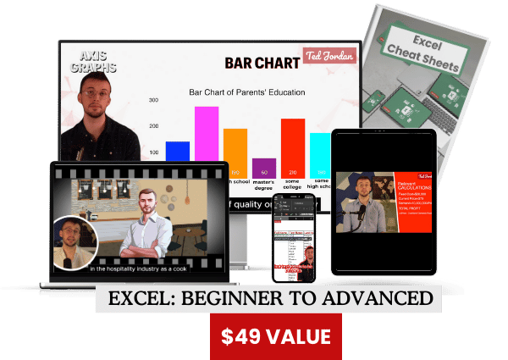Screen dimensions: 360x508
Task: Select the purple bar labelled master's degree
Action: [264, 167]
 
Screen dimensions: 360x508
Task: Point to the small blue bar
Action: [177, 151]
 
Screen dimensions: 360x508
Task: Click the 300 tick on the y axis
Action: [153, 100]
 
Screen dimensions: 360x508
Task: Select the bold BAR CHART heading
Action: [262, 62]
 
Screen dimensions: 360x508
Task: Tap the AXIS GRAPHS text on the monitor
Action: [94, 60]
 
